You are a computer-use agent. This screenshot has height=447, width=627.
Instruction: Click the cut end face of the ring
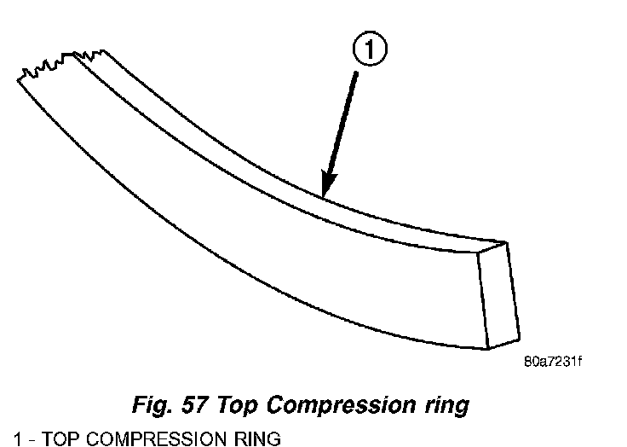point(497,294)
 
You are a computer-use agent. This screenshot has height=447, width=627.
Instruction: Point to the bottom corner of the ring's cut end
point(487,348)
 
